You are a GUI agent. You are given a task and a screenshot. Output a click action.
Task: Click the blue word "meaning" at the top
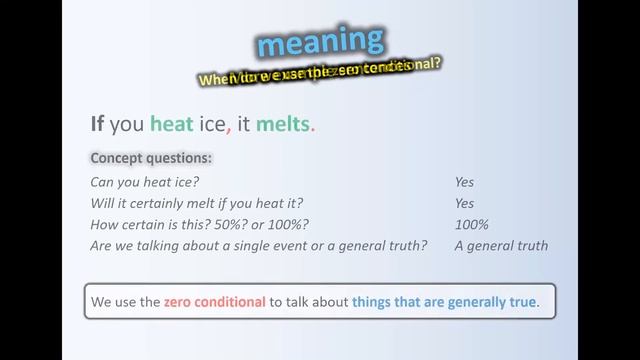pyautogui.click(x=320, y=43)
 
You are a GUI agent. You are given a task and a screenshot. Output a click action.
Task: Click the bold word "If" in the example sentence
pyautogui.click(x=97, y=124)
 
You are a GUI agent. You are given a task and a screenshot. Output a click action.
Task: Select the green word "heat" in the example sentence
pyautogui.click(x=170, y=124)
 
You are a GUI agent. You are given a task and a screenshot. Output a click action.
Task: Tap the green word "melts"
pyautogui.click(x=284, y=124)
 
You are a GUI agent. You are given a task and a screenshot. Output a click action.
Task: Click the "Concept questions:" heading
pyautogui.click(x=151, y=158)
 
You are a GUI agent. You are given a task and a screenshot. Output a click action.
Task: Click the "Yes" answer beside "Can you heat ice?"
pyautogui.click(x=464, y=182)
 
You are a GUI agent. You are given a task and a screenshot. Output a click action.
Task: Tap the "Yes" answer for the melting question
pyautogui.click(x=464, y=203)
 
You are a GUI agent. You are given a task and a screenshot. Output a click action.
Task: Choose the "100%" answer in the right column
pyautogui.click(x=471, y=224)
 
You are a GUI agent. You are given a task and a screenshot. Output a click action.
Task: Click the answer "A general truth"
pyautogui.click(x=501, y=245)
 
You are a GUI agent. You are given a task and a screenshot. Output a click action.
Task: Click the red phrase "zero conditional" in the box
pyautogui.click(x=214, y=301)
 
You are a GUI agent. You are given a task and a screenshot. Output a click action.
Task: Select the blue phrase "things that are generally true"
pyautogui.click(x=444, y=301)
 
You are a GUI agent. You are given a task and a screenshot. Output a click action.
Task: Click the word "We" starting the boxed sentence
pyautogui.click(x=101, y=301)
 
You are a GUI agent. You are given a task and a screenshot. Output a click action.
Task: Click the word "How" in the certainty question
pyautogui.click(x=105, y=224)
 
